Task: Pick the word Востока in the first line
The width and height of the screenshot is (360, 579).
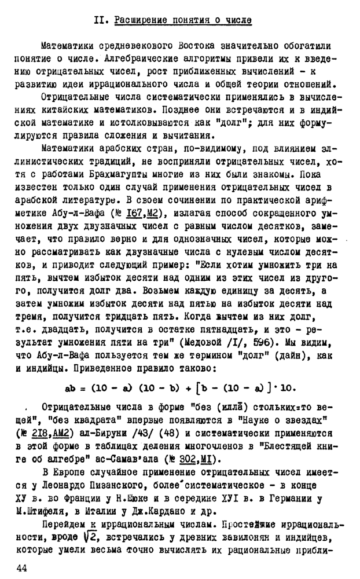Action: coord(199,46)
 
